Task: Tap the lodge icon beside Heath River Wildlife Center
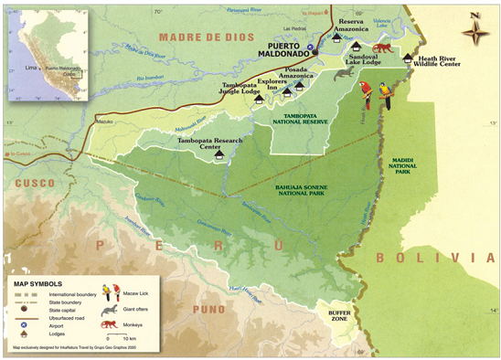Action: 408,58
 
